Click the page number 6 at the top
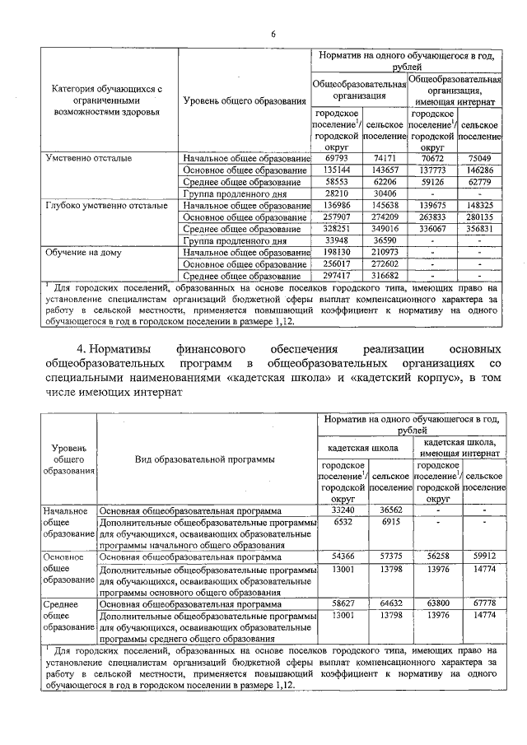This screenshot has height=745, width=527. pyautogui.click(x=273, y=34)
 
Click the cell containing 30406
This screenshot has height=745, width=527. pyautogui.click(x=384, y=193)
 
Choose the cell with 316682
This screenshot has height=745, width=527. pyautogui.click(x=384, y=276)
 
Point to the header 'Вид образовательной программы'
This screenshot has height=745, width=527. pyautogui.click(x=205, y=459)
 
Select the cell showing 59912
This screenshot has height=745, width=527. pyautogui.click(x=483, y=557)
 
